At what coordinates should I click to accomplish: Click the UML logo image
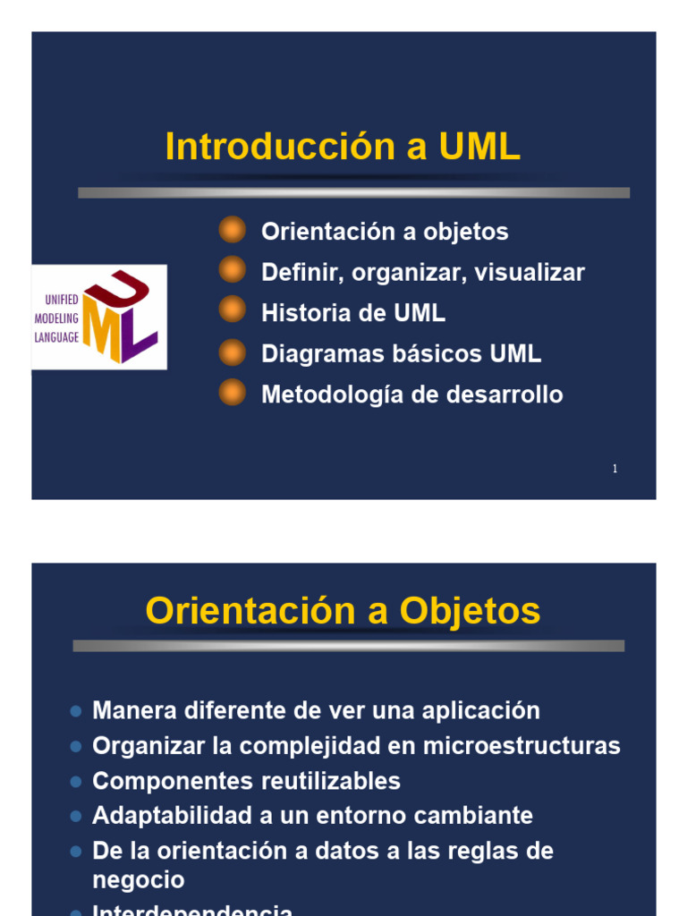(99, 318)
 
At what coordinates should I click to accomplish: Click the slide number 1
(615, 469)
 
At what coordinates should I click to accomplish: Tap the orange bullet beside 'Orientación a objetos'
(232, 230)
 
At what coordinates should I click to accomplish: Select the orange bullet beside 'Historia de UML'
(232, 311)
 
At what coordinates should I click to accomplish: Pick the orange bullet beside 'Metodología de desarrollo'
(232, 393)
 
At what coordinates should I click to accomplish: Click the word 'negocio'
(139, 880)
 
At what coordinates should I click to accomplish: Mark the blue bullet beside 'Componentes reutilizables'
(76, 782)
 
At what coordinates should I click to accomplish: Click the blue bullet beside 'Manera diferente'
(76, 712)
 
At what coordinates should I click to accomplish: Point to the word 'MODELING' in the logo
(57, 318)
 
